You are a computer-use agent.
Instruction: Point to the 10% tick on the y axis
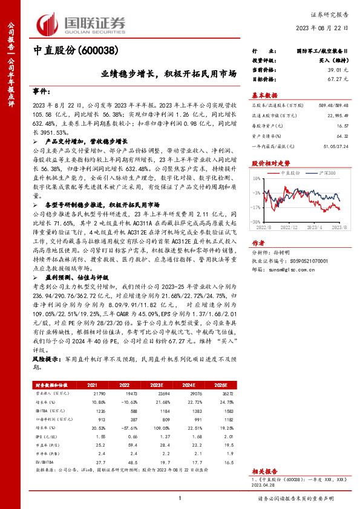(x=257, y=179)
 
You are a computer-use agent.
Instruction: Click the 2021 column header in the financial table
(x=92, y=384)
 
